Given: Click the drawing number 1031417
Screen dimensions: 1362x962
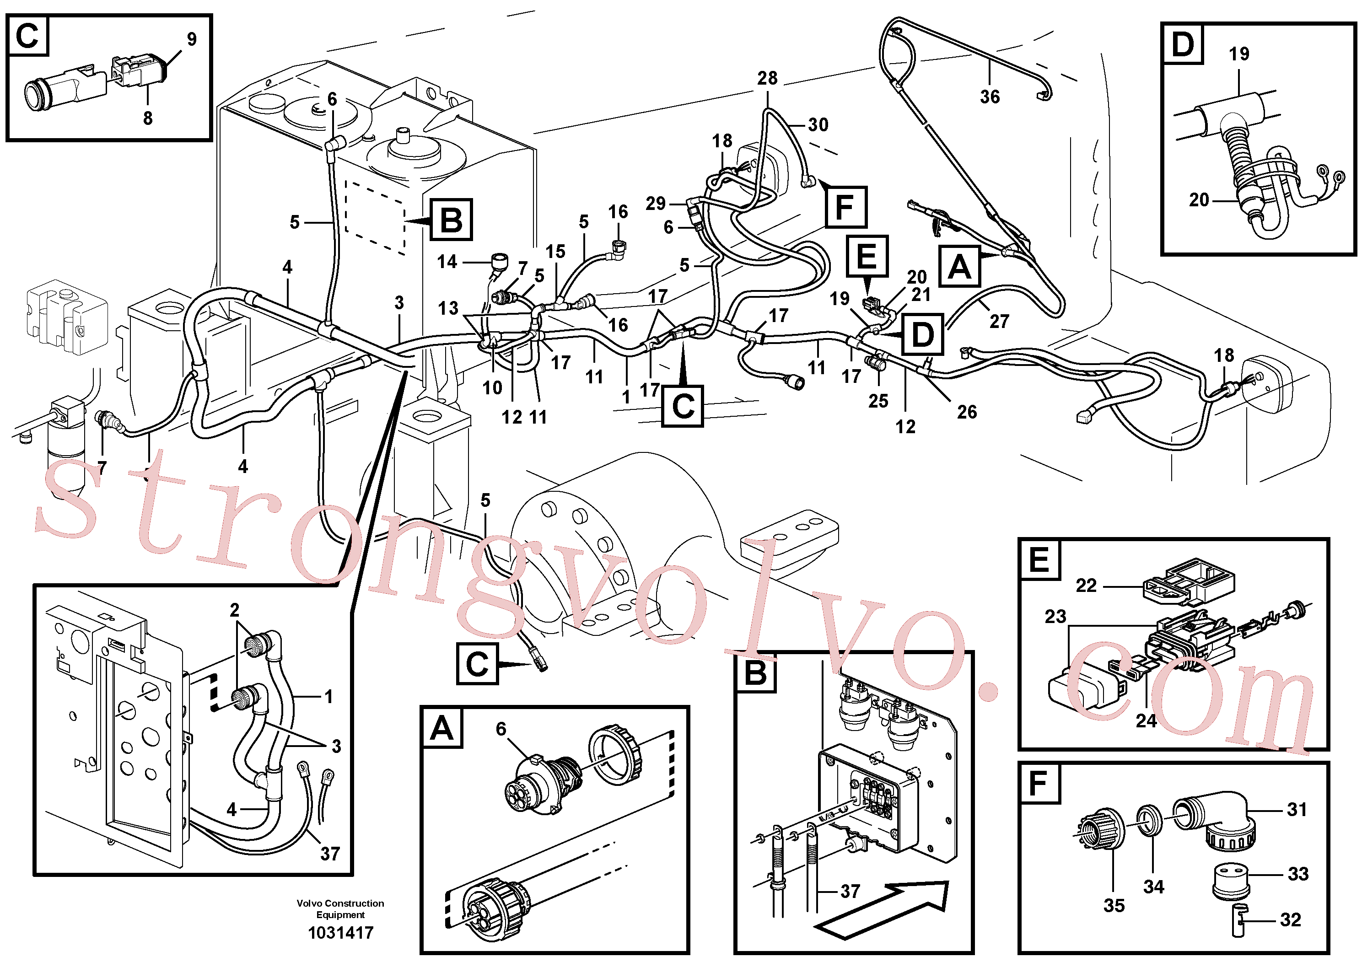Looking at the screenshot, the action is (340, 932).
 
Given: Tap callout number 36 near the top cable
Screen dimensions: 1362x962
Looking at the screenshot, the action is (990, 97).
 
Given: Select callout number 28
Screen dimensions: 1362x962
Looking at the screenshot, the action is (767, 78).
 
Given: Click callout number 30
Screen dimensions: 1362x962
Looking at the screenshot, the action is (818, 124).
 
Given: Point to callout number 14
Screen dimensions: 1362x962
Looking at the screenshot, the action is (447, 262).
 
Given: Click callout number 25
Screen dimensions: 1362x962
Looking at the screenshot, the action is (878, 401).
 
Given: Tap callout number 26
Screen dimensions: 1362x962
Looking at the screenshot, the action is (966, 412).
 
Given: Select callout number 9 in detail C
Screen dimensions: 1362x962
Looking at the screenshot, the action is (192, 39).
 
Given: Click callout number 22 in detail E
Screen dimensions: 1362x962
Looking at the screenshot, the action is (1086, 586).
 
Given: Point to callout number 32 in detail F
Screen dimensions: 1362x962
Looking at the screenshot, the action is (1290, 920).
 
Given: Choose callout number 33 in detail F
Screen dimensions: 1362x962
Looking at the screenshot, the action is (1298, 874).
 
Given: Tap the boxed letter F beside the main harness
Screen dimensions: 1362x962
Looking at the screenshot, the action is (845, 207).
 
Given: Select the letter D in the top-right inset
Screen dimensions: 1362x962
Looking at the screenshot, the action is (1182, 44).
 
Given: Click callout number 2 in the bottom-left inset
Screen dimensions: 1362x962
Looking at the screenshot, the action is (235, 610).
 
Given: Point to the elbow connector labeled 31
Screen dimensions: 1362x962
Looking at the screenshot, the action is (1216, 820).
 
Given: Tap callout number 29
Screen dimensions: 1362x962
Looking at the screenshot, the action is (656, 204).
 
